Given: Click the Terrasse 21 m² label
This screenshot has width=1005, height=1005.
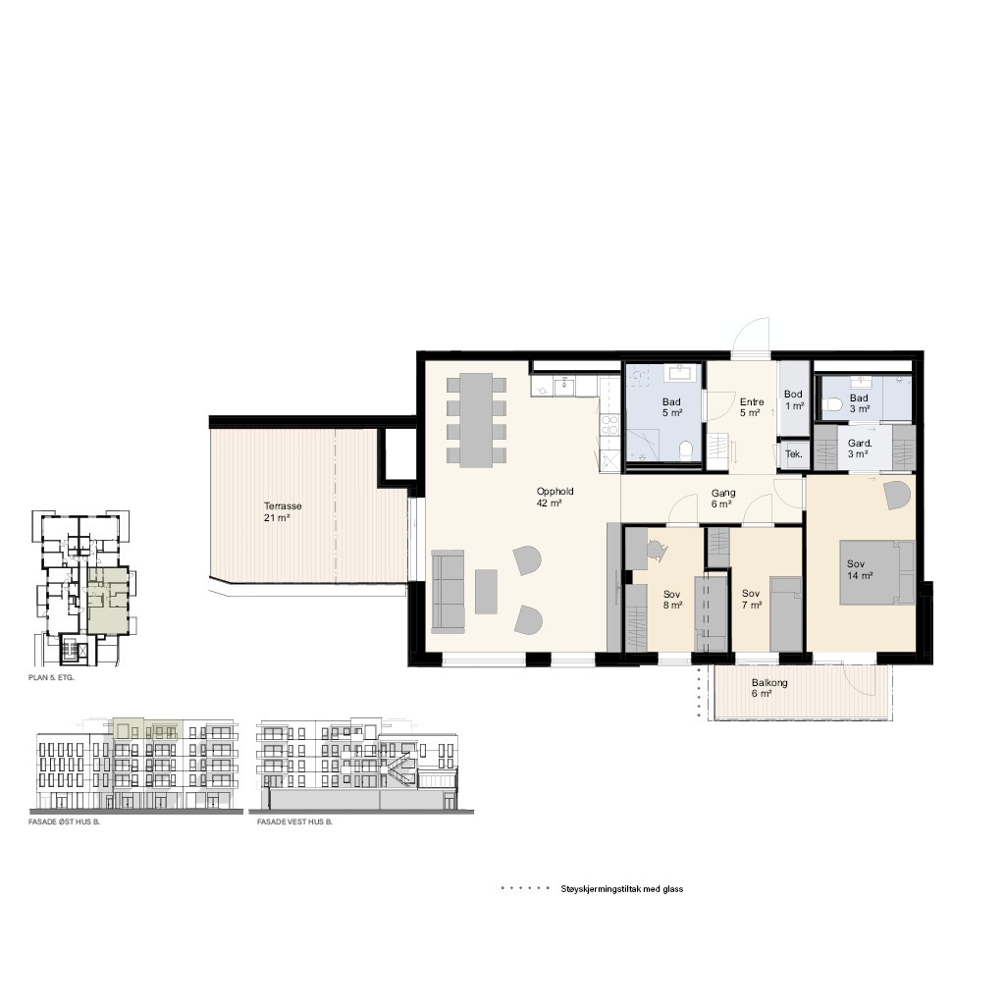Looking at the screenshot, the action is coord(282,511).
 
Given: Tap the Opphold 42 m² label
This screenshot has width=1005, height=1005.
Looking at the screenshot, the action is coord(555,498).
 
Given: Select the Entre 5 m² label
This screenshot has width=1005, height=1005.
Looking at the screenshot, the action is coord(751,407).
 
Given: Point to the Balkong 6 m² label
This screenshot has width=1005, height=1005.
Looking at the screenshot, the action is coord(769,688).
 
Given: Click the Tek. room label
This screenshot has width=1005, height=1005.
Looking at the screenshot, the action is coord(793,454).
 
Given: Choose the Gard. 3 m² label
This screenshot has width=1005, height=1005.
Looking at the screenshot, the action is coord(860,449).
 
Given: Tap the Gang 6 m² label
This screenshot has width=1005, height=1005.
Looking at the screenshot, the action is coord(723,499).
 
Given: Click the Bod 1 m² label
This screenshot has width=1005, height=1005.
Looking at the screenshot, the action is coord(793,400).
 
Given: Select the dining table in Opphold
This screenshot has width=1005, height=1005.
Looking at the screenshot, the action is coord(476,420).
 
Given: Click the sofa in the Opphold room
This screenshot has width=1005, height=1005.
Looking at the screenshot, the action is coord(448,591).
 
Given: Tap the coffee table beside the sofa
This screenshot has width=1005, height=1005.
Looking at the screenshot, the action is coord(486,591).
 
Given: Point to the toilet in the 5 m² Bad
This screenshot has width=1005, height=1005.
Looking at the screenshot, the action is coord(684,450).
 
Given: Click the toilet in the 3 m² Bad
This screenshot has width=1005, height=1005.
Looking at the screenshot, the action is coord(834,404).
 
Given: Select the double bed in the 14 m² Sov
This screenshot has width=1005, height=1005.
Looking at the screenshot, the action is coord(877,572).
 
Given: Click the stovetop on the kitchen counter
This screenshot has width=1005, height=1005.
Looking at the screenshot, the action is coord(609,425).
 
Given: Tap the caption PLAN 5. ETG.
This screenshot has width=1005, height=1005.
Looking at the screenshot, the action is coord(51,677).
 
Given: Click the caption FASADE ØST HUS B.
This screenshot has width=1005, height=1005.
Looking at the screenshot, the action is coord(64,821).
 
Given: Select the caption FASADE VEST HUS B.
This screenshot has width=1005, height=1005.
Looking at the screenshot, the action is coord(294,821).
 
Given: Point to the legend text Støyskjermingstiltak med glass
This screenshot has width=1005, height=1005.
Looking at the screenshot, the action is coord(621,889).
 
